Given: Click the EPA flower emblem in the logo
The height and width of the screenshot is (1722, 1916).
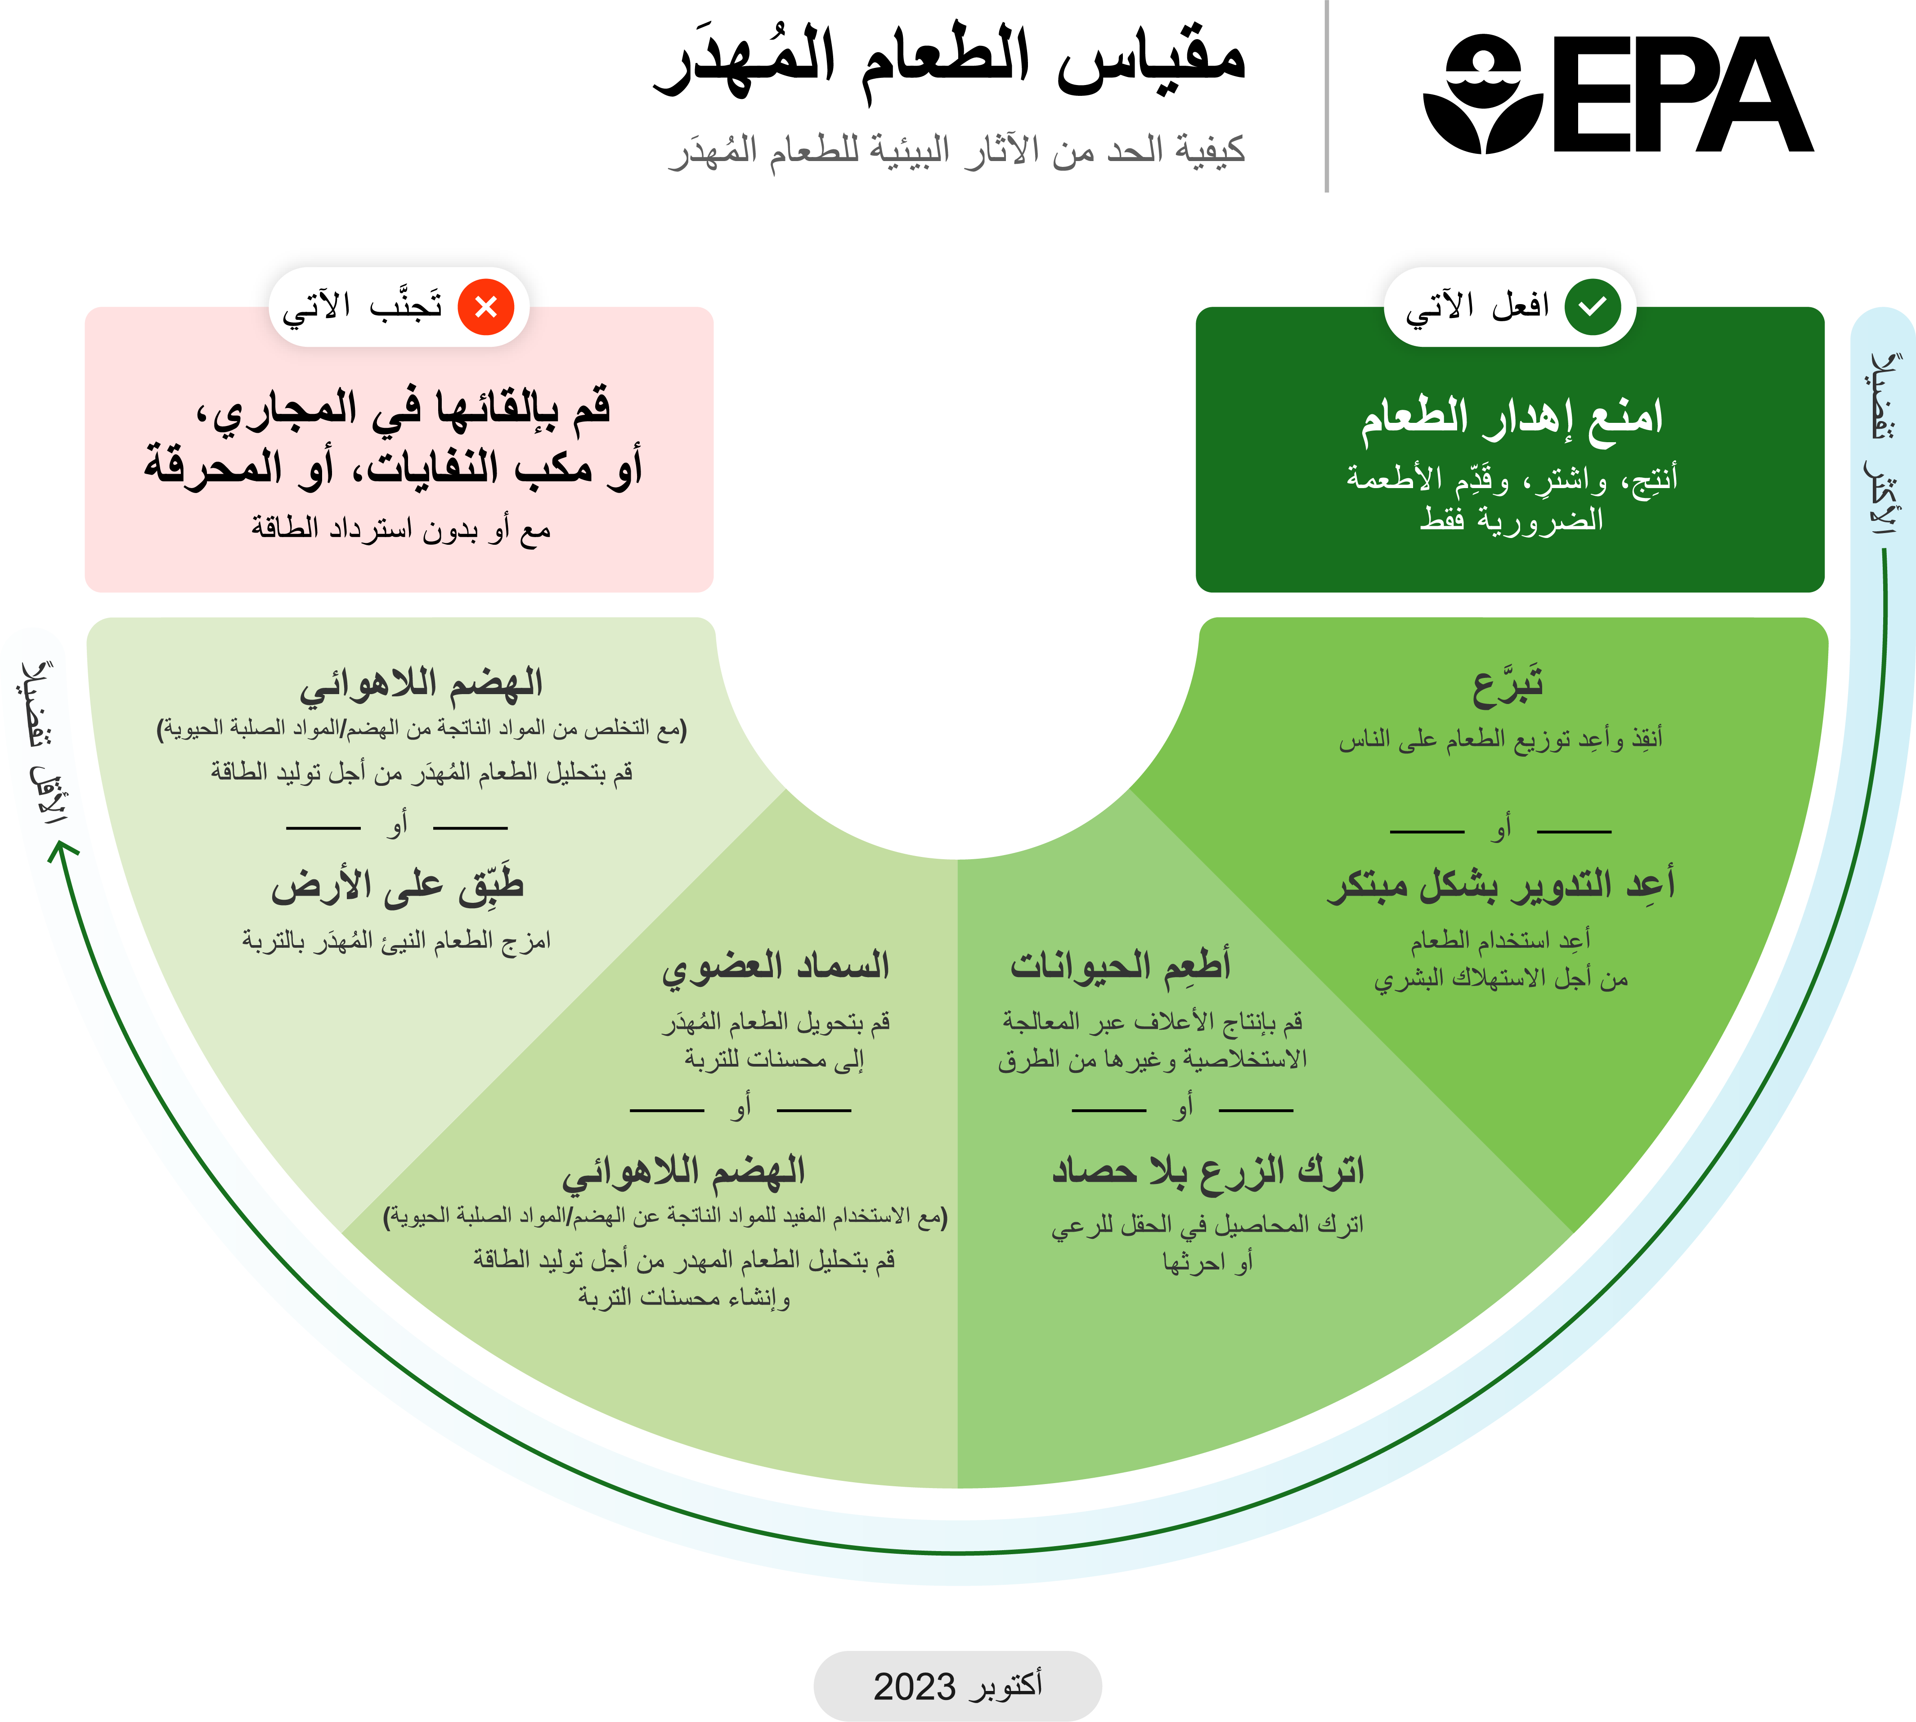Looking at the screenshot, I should pos(1483,94).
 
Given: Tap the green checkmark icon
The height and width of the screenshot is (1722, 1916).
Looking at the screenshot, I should pos(1593,306).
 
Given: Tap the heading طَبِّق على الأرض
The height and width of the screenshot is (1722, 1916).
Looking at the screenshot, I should pos(397,885).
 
